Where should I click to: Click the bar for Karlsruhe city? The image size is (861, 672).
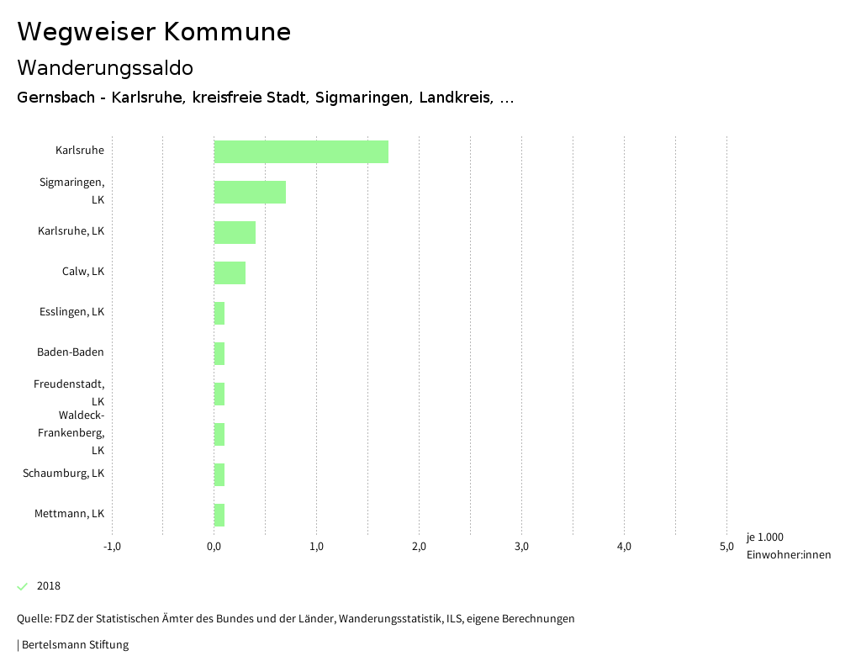pyautogui.click(x=301, y=151)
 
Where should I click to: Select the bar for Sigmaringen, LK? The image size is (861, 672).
pyautogui.click(x=250, y=192)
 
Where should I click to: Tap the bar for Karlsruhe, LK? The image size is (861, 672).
pyautogui.click(x=235, y=232)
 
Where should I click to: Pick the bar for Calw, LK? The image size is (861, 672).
pyautogui.click(x=230, y=273)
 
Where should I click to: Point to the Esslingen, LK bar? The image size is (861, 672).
pyautogui.click(x=219, y=313)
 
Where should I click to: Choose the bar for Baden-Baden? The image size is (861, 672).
pyautogui.click(x=219, y=353)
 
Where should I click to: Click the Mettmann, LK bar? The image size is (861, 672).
pyautogui.click(x=219, y=515)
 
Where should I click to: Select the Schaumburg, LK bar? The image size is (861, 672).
pyautogui.click(x=219, y=474)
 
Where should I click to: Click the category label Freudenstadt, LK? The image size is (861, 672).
pyautogui.click(x=71, y=393)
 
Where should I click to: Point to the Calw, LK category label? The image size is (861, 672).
pyautogui.click(x=83, y=272)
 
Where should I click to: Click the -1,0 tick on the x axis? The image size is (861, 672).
pyautogui.click(x=112, y=547)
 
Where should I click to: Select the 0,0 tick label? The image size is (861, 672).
pyautogui.click(x=214, y=547)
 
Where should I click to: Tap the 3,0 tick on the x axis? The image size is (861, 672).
pyautogui.click(x=521, y=547)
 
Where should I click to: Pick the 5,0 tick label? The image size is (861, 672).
pyautogui.click(x=726, y=547)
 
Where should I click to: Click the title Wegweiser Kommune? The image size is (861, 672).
pyautogui.click(x=154, y=32)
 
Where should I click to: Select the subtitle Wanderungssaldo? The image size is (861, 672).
pyautogui.click(x=105, y=67)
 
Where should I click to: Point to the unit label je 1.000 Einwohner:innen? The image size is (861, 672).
pyautogui.click(x=788, y=546)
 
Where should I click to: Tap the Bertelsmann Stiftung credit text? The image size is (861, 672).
pyautogui.click(x=74, y=645)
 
